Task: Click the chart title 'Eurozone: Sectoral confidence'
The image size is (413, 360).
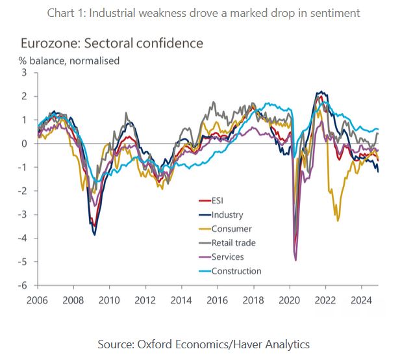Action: pos(112,44)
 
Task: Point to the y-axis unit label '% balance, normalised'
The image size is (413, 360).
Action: pos(70,61)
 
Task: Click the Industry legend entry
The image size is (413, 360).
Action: pos(227,214)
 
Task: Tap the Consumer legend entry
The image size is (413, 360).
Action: pos(231,229)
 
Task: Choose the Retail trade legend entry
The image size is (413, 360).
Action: pos(233,243)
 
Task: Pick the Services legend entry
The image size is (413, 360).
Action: pos(227,257)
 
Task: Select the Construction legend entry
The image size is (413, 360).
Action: pos(236,271)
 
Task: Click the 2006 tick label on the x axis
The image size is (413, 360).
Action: pos(36,301)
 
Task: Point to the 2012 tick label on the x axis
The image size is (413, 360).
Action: pos(145,301)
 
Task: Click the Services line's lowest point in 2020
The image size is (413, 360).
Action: pos(295,260)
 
